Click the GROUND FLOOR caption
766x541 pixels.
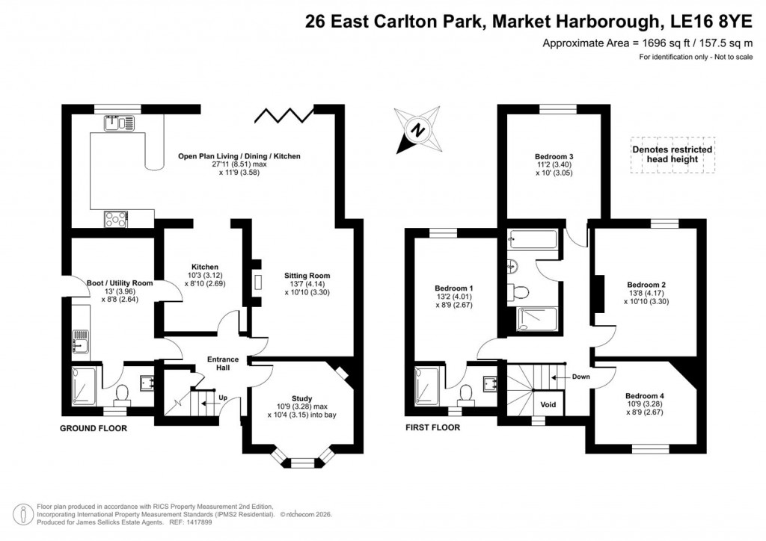[x=94, y=428]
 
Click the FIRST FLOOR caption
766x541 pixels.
[x=432, y=428]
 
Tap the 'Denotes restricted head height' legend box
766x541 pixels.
[x=672, y=155]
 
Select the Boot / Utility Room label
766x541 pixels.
[x=109, y=283]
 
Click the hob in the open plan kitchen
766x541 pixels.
[x=116, y=218]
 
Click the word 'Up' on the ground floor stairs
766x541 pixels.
[x=222, y=398]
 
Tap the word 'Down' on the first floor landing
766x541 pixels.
[x=580, y=377]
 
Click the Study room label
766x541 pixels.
[x=301, y=398]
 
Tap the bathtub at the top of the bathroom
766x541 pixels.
[x=532, y=240]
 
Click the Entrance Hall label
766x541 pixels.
[x=223, y=364]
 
